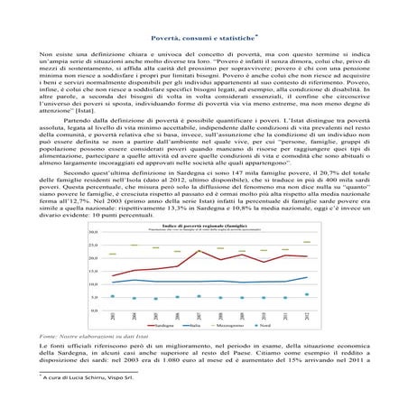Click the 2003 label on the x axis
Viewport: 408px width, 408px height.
click(x=113, y=316)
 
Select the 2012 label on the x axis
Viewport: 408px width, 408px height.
click(x=307, y=316)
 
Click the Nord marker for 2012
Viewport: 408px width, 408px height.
click(x=307, y=294)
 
